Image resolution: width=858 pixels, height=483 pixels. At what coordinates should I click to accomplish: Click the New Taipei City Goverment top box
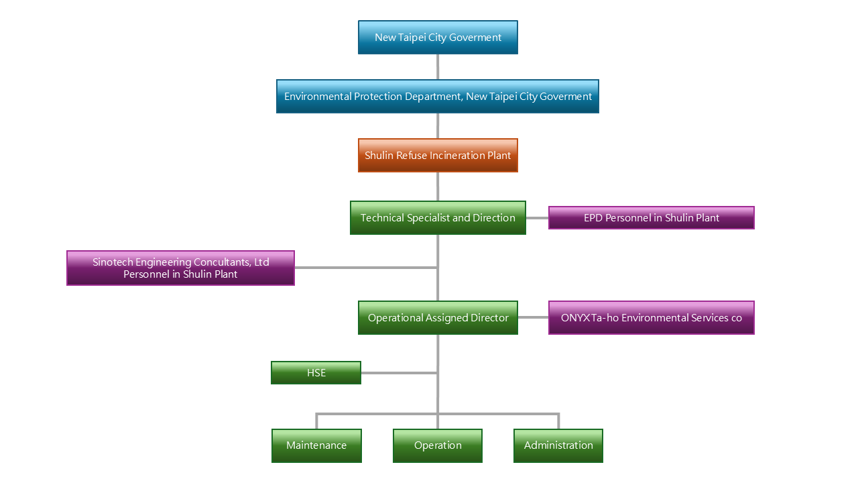coord(438,38)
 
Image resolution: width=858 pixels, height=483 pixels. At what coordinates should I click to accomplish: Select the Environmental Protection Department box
coord(438,97)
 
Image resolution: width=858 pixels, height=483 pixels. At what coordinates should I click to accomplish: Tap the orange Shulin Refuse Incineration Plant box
coord(438,156)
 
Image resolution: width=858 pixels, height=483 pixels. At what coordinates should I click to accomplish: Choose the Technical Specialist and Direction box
coord(438,218)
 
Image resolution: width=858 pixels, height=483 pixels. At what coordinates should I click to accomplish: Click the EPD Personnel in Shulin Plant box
coord(651,218)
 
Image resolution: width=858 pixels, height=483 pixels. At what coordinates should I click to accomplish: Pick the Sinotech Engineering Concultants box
coord(180,268)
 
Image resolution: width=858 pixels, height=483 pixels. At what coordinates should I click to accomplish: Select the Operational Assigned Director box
coord(438,318)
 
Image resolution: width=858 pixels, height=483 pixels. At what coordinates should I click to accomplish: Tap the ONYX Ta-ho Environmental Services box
coord(651,318)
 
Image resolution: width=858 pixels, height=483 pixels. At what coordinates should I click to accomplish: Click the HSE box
coord(316,373)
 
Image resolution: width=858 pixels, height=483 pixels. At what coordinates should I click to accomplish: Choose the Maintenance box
coord(316,445)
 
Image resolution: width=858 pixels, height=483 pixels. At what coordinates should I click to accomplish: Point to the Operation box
coord(438,445)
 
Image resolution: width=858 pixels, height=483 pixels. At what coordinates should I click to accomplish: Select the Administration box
coord(558,445)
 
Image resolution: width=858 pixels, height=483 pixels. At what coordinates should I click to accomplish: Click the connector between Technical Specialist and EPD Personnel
coord(537,218)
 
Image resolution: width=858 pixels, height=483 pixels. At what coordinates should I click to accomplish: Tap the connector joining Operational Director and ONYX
coord(533,318)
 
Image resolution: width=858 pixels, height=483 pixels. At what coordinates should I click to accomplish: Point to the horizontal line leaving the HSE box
coord(399,373)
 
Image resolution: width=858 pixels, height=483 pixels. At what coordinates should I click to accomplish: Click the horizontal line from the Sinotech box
coord(365,268)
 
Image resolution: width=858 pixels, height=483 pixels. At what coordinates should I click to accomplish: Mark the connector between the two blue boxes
coord(438,67)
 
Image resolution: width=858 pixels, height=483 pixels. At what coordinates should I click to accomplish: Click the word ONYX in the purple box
coord(574,318)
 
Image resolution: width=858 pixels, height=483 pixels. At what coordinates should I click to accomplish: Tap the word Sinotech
coord(114,262)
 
